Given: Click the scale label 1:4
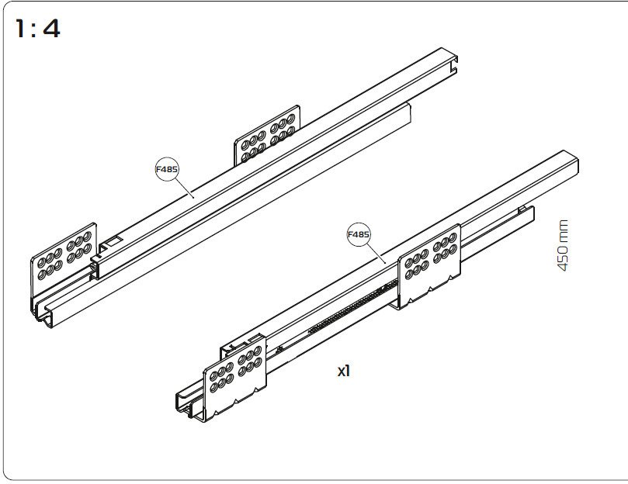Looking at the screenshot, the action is pyautogui.click(x=37, y=29).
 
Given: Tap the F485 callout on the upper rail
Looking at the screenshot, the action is pyautogui.click(x=167, y=169).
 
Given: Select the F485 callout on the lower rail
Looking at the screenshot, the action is pyautogui.click(x=359, y=234).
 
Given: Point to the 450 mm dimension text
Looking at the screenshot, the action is pyautogui.click(x=563, y=245).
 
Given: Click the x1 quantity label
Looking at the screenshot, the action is pyautogui.click(x=344, y=371).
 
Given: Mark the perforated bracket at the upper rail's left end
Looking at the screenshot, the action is pyautogui.click(x=64, y=257).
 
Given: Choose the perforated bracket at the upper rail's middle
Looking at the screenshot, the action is pyautogui.click(x=267, y=134).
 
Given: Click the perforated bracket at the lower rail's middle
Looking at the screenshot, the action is pyautogui.click(x=429, y=266).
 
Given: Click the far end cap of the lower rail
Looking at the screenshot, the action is pyautogui.click(x=571, y=164).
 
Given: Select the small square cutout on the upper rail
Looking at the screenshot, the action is pyautogui.click(x=113, y=241).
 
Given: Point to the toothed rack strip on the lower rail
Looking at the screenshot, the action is pyautogui.click(x=353, y=306).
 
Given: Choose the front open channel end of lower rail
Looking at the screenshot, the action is pyautogui.click(x=188, y=407).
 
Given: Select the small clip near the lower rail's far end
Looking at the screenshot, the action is pyautogui.click(x=522, y=209).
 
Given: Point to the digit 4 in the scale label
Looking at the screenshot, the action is pyautogui.click(x=52, y=29).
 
